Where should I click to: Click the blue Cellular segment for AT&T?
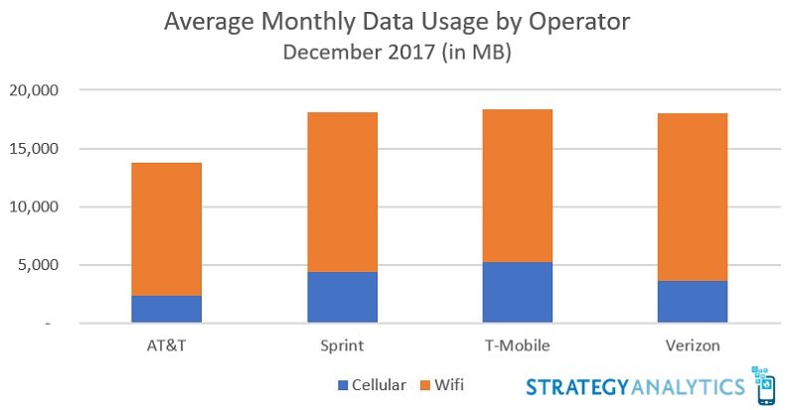click(x=166, y=309)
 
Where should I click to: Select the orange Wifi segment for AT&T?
click(x=166, y=229)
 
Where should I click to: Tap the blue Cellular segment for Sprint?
click(x=342, y=297)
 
